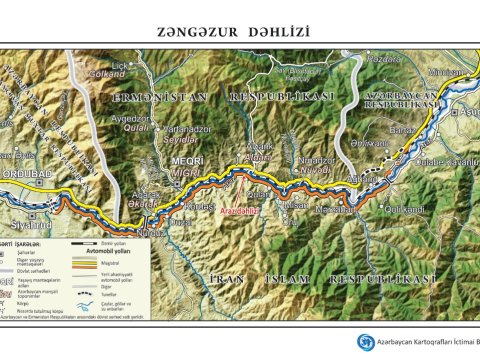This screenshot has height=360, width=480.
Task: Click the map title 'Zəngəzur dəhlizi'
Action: point(240,31)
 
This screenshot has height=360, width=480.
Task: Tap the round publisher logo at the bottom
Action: point(366,342)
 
